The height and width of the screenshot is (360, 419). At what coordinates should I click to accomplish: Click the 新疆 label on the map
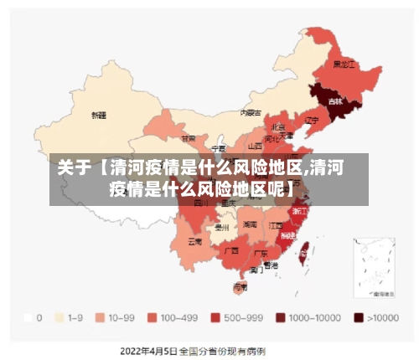coord(99,114)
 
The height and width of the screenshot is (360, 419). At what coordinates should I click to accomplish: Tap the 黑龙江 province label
coord(344,64)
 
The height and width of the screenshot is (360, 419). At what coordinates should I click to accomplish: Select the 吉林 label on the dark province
coord(335,101)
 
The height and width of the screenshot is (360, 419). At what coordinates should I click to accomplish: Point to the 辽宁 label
coord(313,120)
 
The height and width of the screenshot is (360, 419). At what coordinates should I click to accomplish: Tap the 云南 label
coord(194,241)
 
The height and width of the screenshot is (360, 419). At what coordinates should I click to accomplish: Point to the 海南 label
coord(241,287)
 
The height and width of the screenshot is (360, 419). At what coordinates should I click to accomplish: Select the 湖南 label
coord(250,225)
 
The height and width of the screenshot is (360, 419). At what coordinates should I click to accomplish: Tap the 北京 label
coord(279,126)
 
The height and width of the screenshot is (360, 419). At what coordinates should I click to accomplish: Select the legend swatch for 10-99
coord(100,318)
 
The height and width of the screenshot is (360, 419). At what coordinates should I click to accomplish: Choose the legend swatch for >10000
coord(359,318)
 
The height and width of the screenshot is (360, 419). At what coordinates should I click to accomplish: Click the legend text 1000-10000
coord(315,318)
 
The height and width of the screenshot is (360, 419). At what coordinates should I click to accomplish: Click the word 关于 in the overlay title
coord(74,167)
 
